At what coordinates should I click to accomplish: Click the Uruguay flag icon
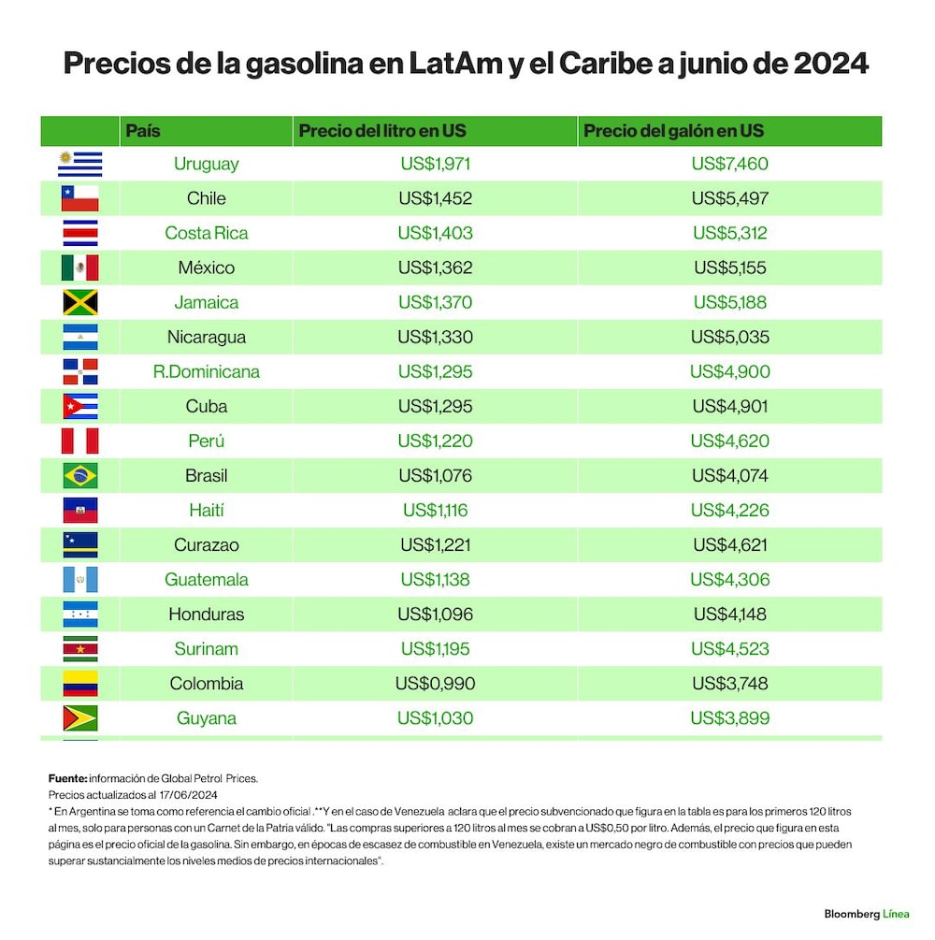[79, 164]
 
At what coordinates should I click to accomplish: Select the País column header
[143, 131]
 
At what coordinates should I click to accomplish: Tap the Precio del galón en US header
[673, 131]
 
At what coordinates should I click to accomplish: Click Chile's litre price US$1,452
[435, 198]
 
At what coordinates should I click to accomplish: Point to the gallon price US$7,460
[729, 164]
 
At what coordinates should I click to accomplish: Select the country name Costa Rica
[207, 233]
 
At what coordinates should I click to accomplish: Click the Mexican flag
[79, 268]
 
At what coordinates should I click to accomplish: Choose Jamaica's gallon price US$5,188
[729, 302]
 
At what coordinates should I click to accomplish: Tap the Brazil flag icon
[79, 476]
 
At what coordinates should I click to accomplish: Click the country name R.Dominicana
[207, 371]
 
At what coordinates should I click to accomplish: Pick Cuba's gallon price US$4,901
[729, 407]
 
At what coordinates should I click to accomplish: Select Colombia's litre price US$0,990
[435, 684]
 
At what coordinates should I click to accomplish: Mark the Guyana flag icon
[79, 718]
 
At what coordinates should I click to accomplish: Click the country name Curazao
[207, 545]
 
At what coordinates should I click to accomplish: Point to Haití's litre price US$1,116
[435, 510]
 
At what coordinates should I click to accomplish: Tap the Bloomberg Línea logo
[866, 914]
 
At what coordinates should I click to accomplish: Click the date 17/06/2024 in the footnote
[188, 795]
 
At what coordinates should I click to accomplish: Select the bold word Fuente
[67, 779]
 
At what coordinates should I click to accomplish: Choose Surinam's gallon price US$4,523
[729, 649]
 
